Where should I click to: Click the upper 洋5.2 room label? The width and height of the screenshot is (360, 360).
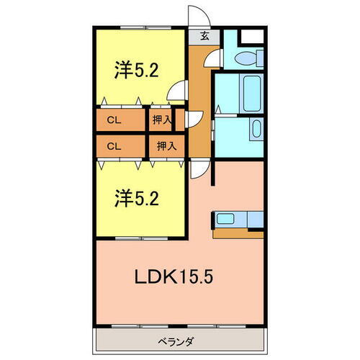tap(135, 70)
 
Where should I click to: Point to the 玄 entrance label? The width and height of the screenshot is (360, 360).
tap(205, 36)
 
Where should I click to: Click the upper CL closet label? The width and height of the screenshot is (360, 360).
tap(114, 120)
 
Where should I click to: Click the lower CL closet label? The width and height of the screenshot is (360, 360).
tap(114, 145)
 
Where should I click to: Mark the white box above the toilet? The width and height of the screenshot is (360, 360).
tap(253, 37)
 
